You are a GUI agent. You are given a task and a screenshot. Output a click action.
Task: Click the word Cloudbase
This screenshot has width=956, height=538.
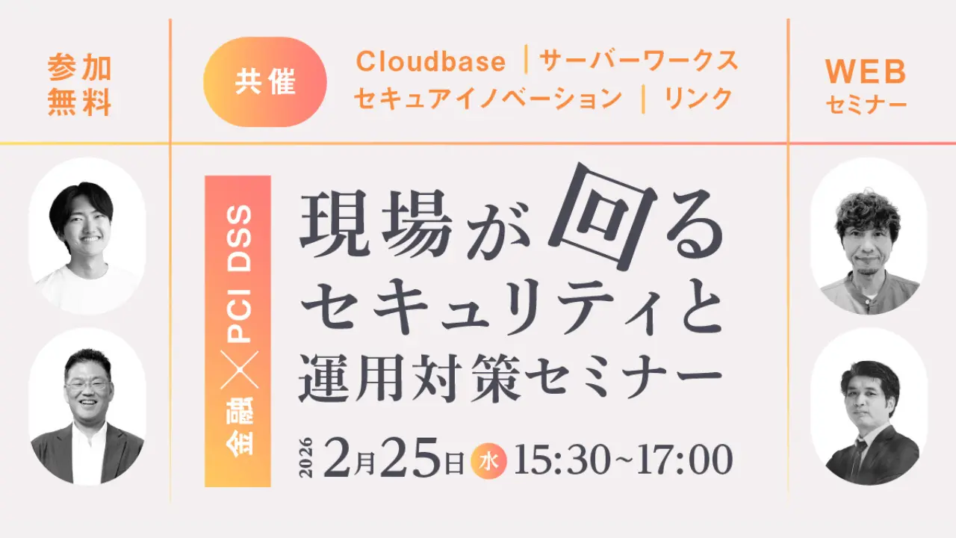click(x=431, y=61)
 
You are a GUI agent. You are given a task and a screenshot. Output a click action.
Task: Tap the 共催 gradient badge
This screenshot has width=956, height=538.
click(x=265, y=81)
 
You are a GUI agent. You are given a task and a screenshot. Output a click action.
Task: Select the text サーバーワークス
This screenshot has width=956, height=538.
click(x=639, y=61)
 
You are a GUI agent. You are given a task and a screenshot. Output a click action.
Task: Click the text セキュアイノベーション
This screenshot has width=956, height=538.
click(x=488, y=99)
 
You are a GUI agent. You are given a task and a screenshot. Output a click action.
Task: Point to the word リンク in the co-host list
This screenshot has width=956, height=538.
click(x=698, y=99)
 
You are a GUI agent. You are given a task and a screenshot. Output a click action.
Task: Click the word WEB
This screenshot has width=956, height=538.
click(x=866, y=72)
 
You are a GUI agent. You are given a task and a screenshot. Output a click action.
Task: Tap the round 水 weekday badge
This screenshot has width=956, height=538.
click(x=488, y=461)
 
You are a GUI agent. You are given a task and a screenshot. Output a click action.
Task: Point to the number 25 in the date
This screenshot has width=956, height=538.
click(x=411, y=458)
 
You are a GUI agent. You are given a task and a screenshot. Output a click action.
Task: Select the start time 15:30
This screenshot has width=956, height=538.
click(x=562, y=460)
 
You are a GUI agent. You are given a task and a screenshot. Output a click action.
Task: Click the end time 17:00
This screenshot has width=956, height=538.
click(x=685, y=460)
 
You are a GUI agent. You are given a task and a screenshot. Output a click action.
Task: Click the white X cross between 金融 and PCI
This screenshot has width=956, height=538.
click(x=239, y=370)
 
